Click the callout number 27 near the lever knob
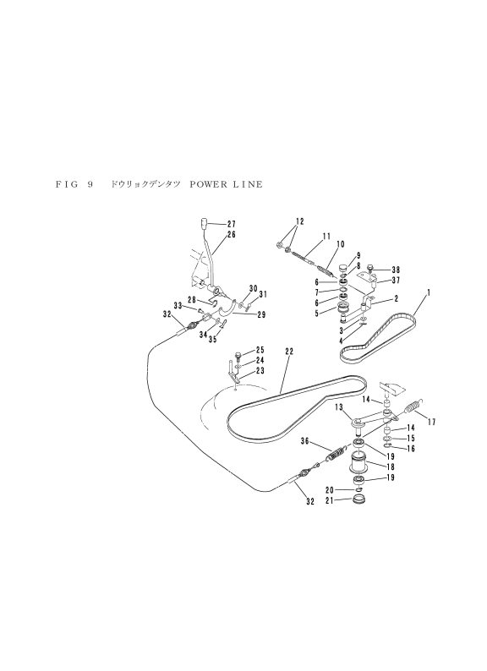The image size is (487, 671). point(232,224)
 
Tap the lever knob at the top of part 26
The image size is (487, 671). point(205,223)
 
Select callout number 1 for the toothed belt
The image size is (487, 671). point(429,292)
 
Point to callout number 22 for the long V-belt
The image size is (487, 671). point(289,352)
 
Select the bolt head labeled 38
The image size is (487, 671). point(371,270)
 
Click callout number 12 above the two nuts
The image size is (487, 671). point(299,221)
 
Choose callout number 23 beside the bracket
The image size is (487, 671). point(260,371)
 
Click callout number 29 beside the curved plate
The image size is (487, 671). point(261,315)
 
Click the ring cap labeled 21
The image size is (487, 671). point(360,499)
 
